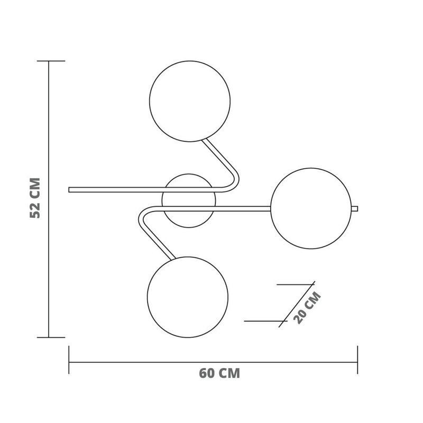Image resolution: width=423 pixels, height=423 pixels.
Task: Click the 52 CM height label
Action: click(x=35, y=198)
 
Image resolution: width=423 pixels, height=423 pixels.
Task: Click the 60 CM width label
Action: click(x=219, y=373)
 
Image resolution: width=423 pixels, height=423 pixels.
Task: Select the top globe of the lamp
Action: click(x=190, y=102)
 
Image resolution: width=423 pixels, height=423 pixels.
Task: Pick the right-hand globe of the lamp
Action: click(x=311, y=208)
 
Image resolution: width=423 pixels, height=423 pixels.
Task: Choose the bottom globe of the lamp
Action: click(x=188, y=297)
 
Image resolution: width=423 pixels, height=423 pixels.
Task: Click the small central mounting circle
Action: click(x=189, y=200)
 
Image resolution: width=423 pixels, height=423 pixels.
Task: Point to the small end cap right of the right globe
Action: click(x=355, y=208)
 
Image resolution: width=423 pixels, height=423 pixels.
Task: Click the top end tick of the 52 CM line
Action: click(x=49, y=61)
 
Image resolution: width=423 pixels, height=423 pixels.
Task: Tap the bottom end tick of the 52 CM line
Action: click(x=49, y=337)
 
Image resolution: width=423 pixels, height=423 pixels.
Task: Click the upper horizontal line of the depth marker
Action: click(x=295, y=285)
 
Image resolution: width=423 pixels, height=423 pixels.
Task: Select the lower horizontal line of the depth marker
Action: click(x=264, y=321)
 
